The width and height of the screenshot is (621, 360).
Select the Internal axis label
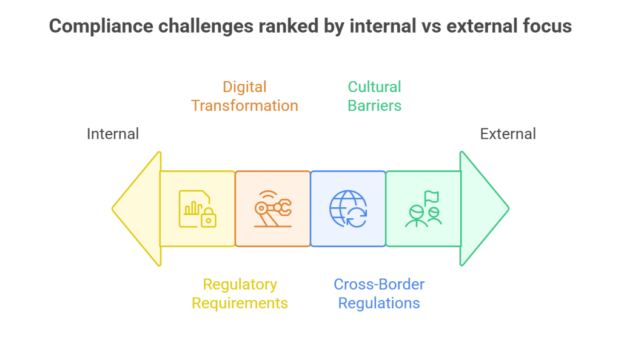[x=113, y=134]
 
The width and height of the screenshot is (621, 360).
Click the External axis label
[x=508, y=134]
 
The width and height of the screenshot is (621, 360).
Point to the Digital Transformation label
[x=244, y=96]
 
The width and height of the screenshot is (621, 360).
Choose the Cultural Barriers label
[x=374, y=96]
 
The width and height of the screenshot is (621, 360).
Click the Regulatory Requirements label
[x=240, y=293]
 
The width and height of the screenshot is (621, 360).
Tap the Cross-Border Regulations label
[x=379, y=293]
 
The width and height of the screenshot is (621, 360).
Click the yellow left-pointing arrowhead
[x=136, y=208]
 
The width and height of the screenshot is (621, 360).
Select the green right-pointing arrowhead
[x=485, y=208]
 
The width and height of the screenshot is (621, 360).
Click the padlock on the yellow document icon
[x=209, y=218]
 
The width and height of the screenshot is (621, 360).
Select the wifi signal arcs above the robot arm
[x=268, y=195]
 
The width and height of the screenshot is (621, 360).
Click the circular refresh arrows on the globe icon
[x=357, y=217]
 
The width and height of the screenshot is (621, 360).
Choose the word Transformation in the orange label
[x=244, y=105]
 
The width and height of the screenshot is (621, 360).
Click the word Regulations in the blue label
[x=379, y=304]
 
